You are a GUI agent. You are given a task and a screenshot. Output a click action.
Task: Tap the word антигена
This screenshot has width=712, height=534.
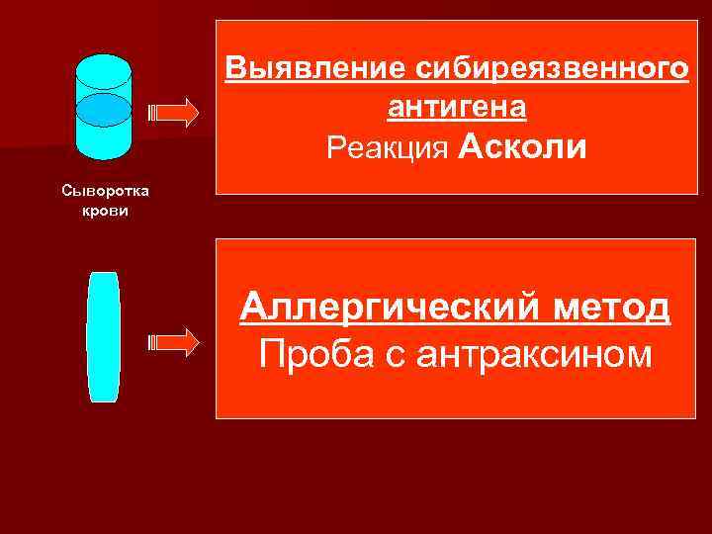[456, 107]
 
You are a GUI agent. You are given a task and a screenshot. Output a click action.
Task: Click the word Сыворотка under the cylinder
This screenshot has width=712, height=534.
[103, 188]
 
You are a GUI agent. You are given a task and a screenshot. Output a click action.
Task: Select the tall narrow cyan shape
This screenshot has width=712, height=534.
[103, 336]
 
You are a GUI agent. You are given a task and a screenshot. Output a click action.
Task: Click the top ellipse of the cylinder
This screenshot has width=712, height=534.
[103, 69]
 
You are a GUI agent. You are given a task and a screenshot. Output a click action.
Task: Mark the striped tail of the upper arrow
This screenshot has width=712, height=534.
[150, 113]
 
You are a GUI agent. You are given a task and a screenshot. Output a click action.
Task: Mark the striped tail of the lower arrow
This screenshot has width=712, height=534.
[150, 342]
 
